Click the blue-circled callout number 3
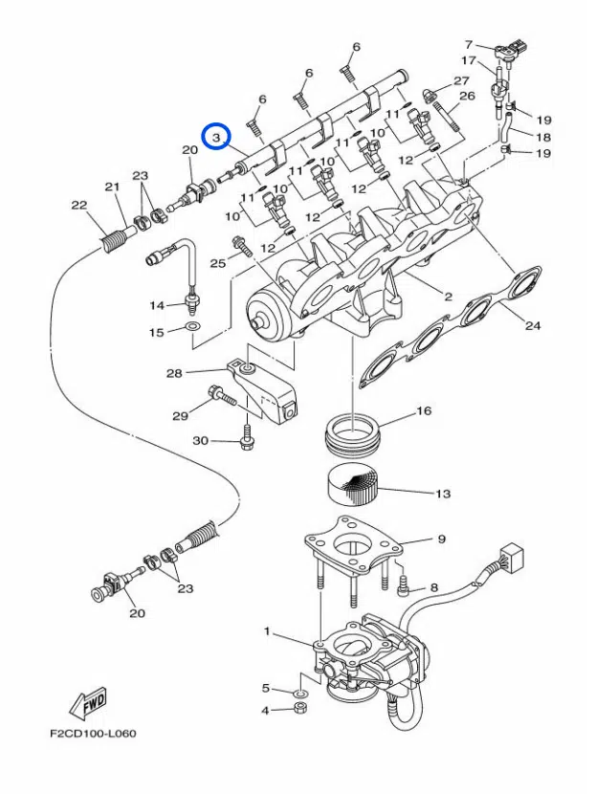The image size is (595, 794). click(217, 138)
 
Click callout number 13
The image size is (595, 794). click(442, 494)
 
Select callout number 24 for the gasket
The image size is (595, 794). click(533, 325)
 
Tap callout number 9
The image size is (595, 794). click(441, 540)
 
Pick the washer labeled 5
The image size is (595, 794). click(299, 690)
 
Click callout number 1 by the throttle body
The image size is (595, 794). click(268, 632)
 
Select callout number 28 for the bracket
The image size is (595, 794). click(173, 372)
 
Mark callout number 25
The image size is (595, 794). click(217, 263)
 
